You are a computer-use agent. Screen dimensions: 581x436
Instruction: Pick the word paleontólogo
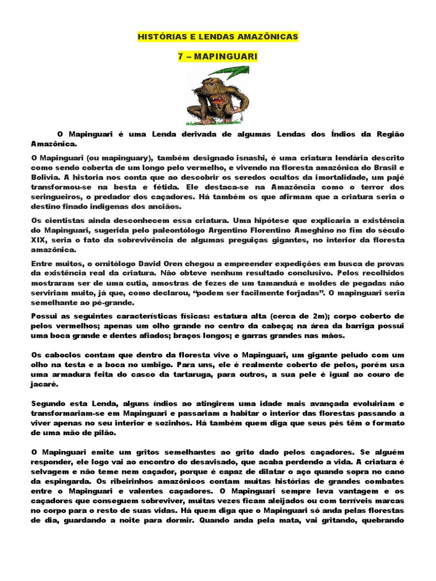[192, 229]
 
